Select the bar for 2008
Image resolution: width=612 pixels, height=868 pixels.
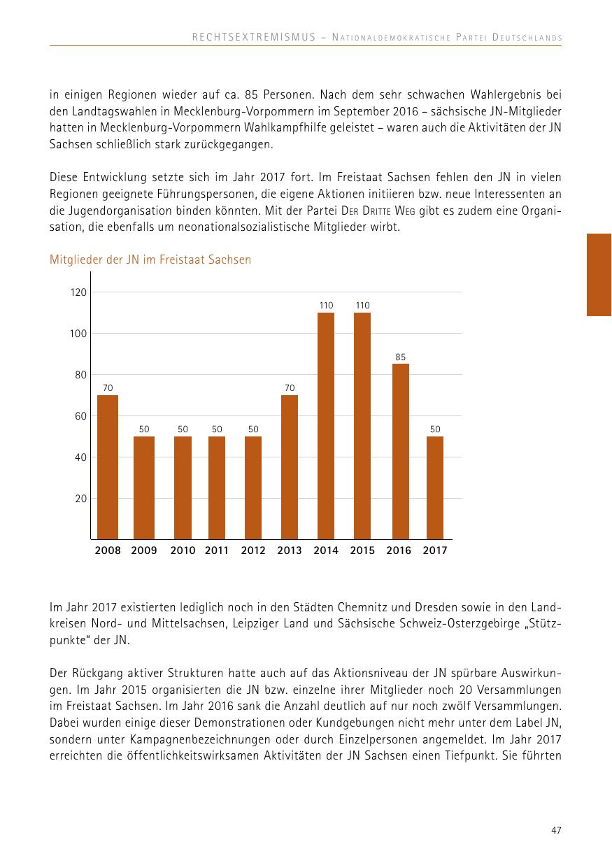[108, 467]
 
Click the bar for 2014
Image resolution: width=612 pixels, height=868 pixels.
[326, 426]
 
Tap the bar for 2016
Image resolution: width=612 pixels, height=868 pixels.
[400, 451]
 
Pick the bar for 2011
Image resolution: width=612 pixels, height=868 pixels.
[217, 488]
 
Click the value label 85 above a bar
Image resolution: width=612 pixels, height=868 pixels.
[400, 357]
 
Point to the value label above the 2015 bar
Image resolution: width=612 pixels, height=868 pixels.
[362, 305]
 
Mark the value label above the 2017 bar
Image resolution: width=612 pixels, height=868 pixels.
[435, 429]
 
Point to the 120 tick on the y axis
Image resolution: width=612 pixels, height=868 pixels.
[78, 292]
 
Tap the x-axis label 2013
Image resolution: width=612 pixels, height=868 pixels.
[290, 550]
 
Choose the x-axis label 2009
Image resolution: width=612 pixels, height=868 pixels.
[144, 550]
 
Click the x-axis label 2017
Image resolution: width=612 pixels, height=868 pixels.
[435, 550]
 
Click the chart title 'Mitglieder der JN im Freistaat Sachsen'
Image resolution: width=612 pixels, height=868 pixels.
[150, 259]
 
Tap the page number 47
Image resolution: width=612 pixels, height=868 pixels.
[556, 830]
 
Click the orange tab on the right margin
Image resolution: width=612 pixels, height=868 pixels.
[599, 275]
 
